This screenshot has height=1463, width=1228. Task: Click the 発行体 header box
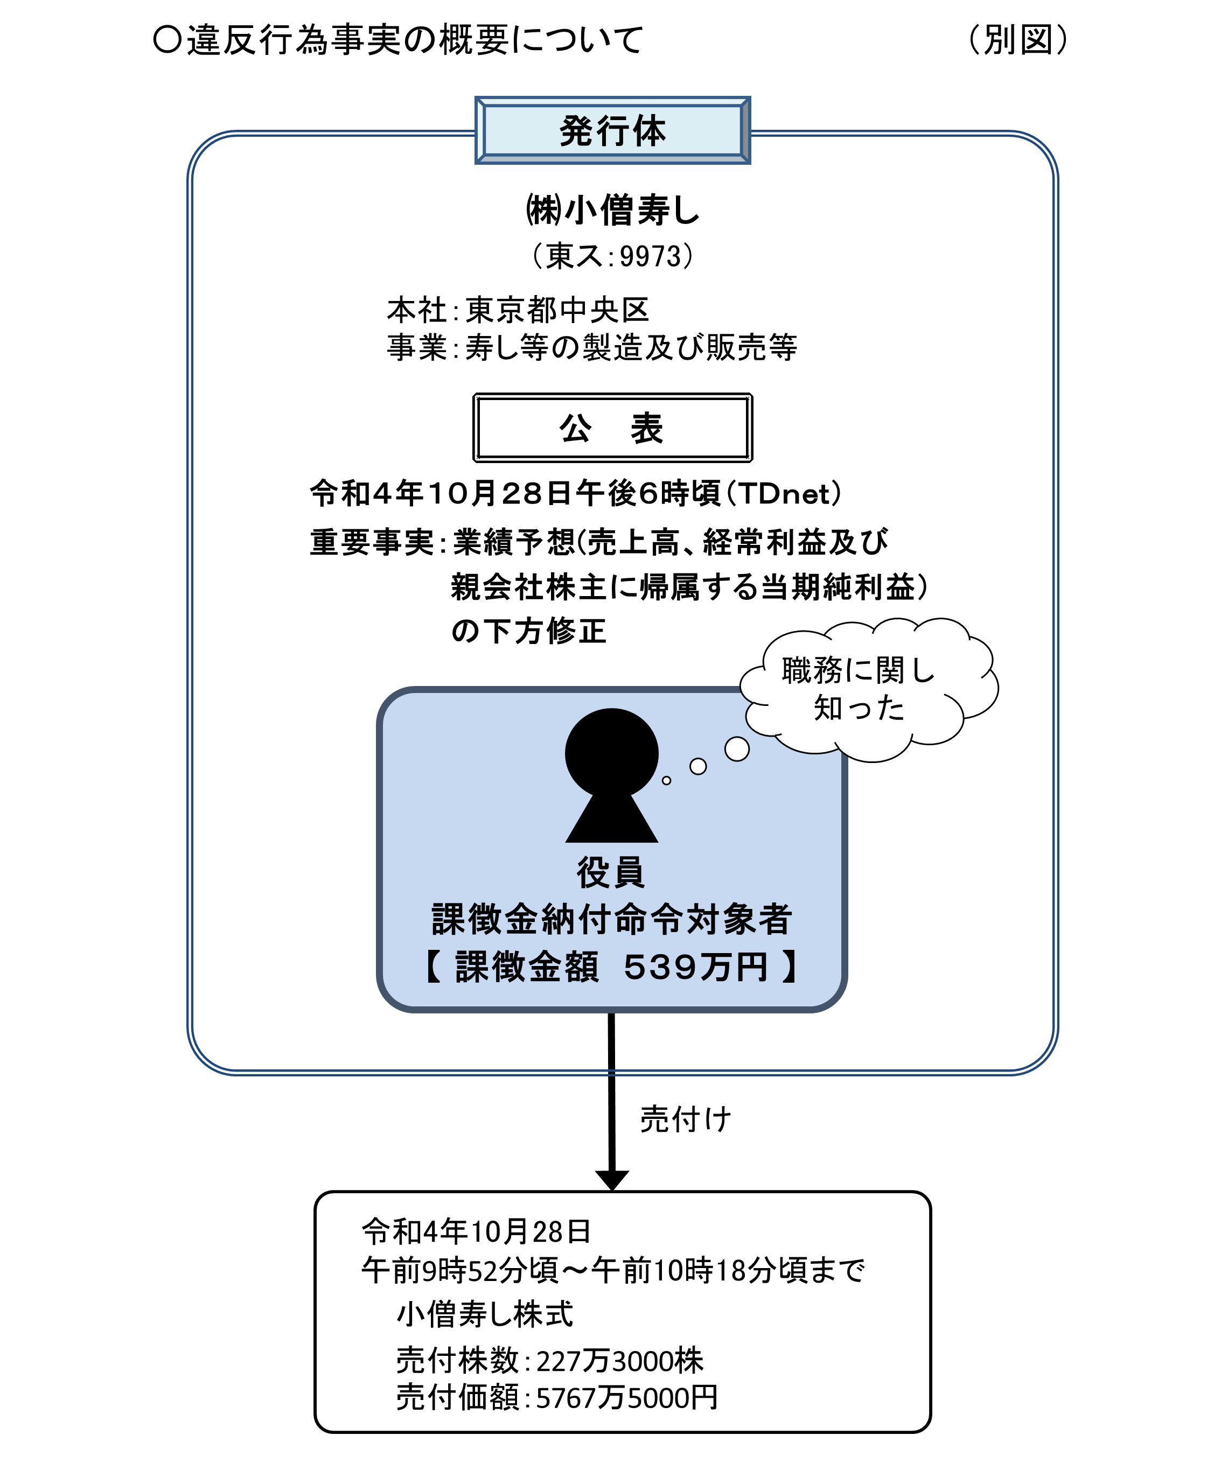tap(612, 130)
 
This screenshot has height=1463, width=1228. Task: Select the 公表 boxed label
tap(612, 428)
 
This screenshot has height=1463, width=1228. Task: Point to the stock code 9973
tap(650, 256)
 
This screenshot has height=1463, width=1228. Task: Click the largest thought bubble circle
tap(737, 749)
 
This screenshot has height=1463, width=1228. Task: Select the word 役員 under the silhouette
tap(611, 872)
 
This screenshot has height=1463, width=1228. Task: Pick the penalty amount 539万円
tap(695, 967)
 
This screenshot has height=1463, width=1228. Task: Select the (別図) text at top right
tap(1017, 40)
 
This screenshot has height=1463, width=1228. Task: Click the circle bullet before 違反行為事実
tap(168, 40)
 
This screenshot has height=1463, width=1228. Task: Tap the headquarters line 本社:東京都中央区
tap(518, 310)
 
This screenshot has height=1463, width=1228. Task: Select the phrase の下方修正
tap(528, 631)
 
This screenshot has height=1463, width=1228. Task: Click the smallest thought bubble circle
tap(666, 781)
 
